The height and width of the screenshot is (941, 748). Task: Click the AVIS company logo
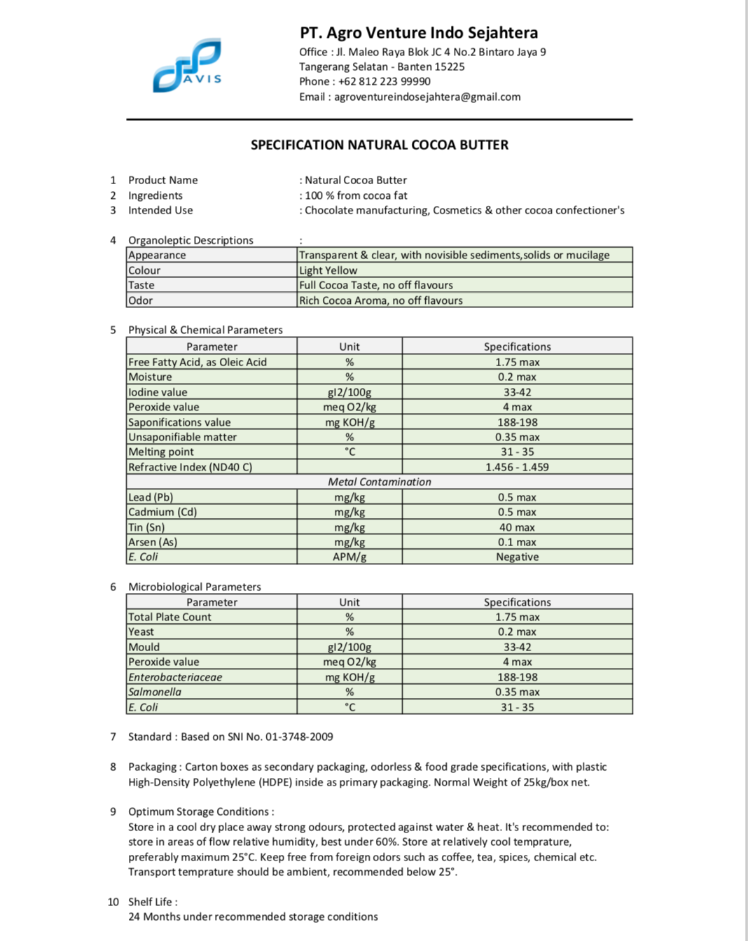[187, 67]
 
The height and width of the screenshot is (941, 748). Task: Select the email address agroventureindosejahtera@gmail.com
[427, 97]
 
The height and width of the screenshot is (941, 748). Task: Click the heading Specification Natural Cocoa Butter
[380, 145]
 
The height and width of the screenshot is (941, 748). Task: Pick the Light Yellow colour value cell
[328, 270]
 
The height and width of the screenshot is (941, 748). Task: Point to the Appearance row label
[158, 255]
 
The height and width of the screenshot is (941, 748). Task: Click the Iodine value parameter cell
[158, 392]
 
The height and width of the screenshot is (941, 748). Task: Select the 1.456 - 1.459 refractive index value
[517, 467]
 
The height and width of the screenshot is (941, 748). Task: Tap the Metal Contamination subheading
[380, 482]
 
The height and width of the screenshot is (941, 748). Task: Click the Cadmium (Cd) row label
[162, 512]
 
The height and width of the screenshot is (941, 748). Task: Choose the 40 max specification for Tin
[517, 527]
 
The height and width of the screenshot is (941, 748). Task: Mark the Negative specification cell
[517, 557]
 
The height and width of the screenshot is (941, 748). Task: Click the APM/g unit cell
[349, 557]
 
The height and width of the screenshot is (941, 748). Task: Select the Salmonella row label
[155, 692]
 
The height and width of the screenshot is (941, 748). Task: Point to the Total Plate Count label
[169, 617]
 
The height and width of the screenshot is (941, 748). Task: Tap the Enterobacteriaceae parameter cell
[175, 677]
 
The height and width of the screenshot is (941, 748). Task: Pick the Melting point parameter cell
[161, 452]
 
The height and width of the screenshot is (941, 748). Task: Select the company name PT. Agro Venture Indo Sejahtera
[419, 33]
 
